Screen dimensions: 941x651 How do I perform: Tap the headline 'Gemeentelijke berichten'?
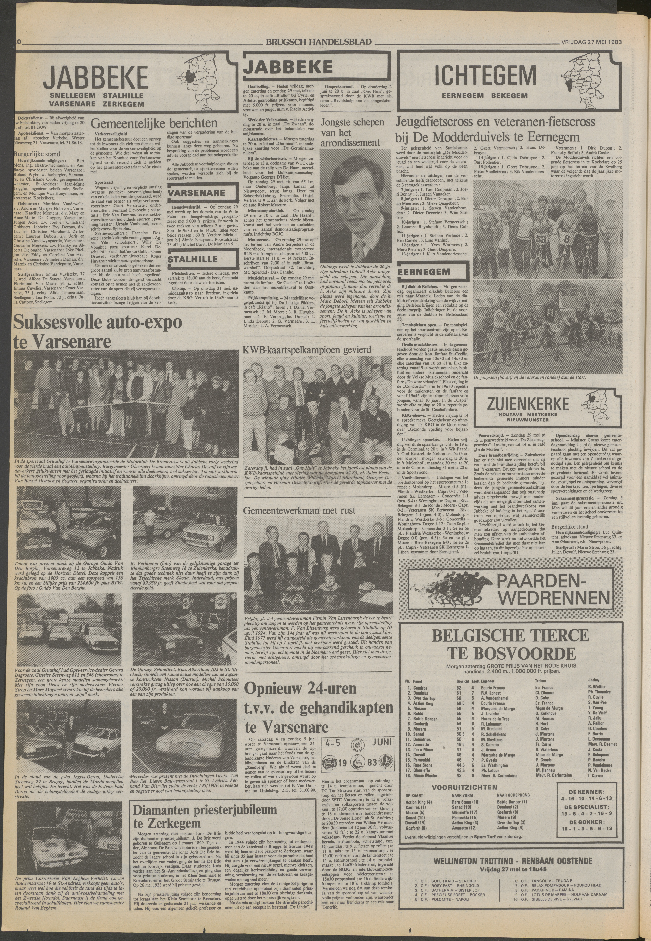pyautogui.click(x=154, y=123)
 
